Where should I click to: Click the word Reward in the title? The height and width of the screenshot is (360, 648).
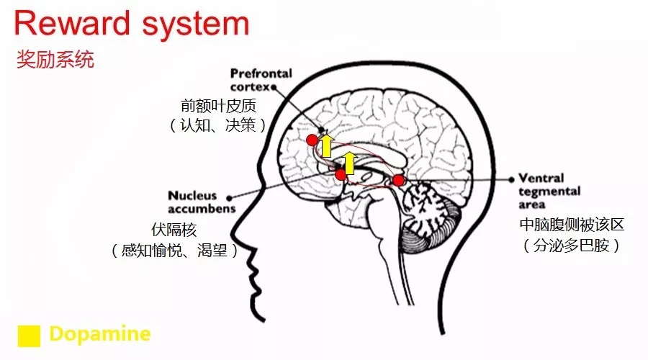pos(72,23)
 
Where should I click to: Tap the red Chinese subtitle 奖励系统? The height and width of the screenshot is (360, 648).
pos(55,60)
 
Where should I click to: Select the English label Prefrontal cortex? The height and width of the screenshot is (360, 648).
pos(261,80)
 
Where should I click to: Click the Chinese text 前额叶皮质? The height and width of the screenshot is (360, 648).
pos(219,106)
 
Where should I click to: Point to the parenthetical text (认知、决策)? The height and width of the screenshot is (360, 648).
pos(217,125)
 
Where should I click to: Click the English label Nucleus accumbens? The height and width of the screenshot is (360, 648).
pos(202,202)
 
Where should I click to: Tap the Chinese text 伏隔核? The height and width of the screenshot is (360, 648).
pos(174,230)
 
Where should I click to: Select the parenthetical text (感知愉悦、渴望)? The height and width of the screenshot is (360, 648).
pos(174,250)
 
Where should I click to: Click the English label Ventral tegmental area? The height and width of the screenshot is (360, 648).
pos(549,191)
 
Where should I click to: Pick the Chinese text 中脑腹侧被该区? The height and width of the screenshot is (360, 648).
pos(572,225)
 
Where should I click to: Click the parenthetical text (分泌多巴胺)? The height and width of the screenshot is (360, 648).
pos(572,246)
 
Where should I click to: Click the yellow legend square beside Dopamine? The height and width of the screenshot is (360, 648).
pos(29,336)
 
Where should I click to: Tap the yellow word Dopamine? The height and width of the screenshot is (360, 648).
pos(99,334)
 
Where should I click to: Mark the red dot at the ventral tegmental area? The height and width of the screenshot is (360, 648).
pos(398,180)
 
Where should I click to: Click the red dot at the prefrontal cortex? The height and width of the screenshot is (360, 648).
pos(312,140)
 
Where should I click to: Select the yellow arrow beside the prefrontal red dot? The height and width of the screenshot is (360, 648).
pos(327,145)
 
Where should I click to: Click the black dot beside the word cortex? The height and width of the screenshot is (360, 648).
pos(274,87)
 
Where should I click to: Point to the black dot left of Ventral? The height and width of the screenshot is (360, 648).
pos(512,179)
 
